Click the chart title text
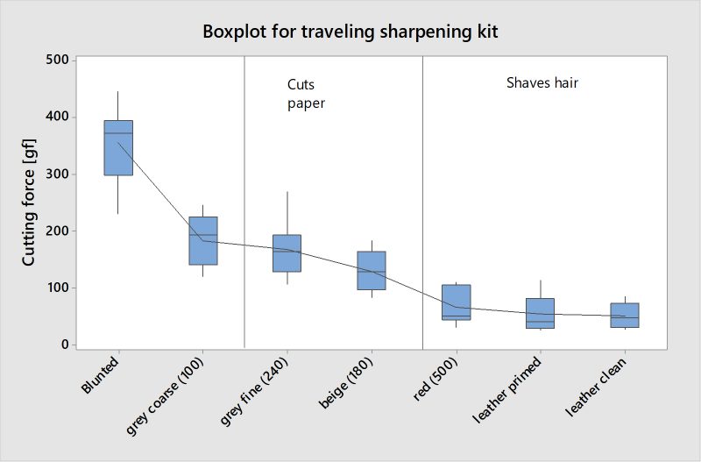coord(350,32)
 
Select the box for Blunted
coord(118,147)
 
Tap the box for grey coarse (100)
coord(203,240)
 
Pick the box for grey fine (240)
coord(287,253)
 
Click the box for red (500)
coord(456,302)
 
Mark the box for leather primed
coord(540,313)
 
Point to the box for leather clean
coord(624,315)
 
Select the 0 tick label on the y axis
coord(65,345)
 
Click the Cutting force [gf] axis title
coord(29,202)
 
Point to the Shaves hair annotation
coord(542,83)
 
